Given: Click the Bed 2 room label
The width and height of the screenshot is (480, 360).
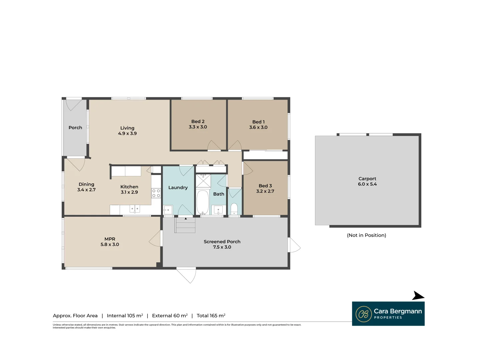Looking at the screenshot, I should click(198, 122).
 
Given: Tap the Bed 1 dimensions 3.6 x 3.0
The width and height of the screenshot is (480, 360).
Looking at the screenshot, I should click(258, 127).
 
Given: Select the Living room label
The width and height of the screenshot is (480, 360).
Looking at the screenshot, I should click(127, 128).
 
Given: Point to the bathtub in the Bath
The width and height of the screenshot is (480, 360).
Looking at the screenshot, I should click(203, 202).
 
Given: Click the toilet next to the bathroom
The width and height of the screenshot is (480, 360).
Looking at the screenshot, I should click(234, 209).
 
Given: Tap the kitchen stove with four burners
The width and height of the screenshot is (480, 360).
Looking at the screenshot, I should click(156, 193).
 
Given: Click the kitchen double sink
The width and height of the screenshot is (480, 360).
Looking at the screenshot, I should click(135, 209).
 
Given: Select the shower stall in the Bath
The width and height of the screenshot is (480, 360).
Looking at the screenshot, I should click(203, 181).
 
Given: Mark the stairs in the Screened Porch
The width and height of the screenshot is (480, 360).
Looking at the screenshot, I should click(185, 225).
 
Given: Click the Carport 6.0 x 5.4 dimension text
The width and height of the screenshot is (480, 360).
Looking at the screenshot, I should click(367, 184).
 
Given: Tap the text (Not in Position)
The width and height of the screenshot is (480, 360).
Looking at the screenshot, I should click(366, 235).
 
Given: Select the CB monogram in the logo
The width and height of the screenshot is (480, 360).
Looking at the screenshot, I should click(363, 314).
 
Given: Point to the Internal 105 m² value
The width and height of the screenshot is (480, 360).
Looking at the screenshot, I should click(125, 316).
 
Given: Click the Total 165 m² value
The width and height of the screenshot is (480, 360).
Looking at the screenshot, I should click(211, 316).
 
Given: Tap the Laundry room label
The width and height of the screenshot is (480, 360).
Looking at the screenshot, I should click(178, 188).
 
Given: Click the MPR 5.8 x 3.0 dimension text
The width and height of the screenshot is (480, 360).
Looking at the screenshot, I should click(110, 244).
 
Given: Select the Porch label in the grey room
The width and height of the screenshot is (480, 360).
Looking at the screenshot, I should click(75, 128).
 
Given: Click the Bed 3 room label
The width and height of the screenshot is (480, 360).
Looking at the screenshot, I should click(265, 186).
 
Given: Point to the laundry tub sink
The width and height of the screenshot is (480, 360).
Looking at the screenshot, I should click(168, 210).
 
